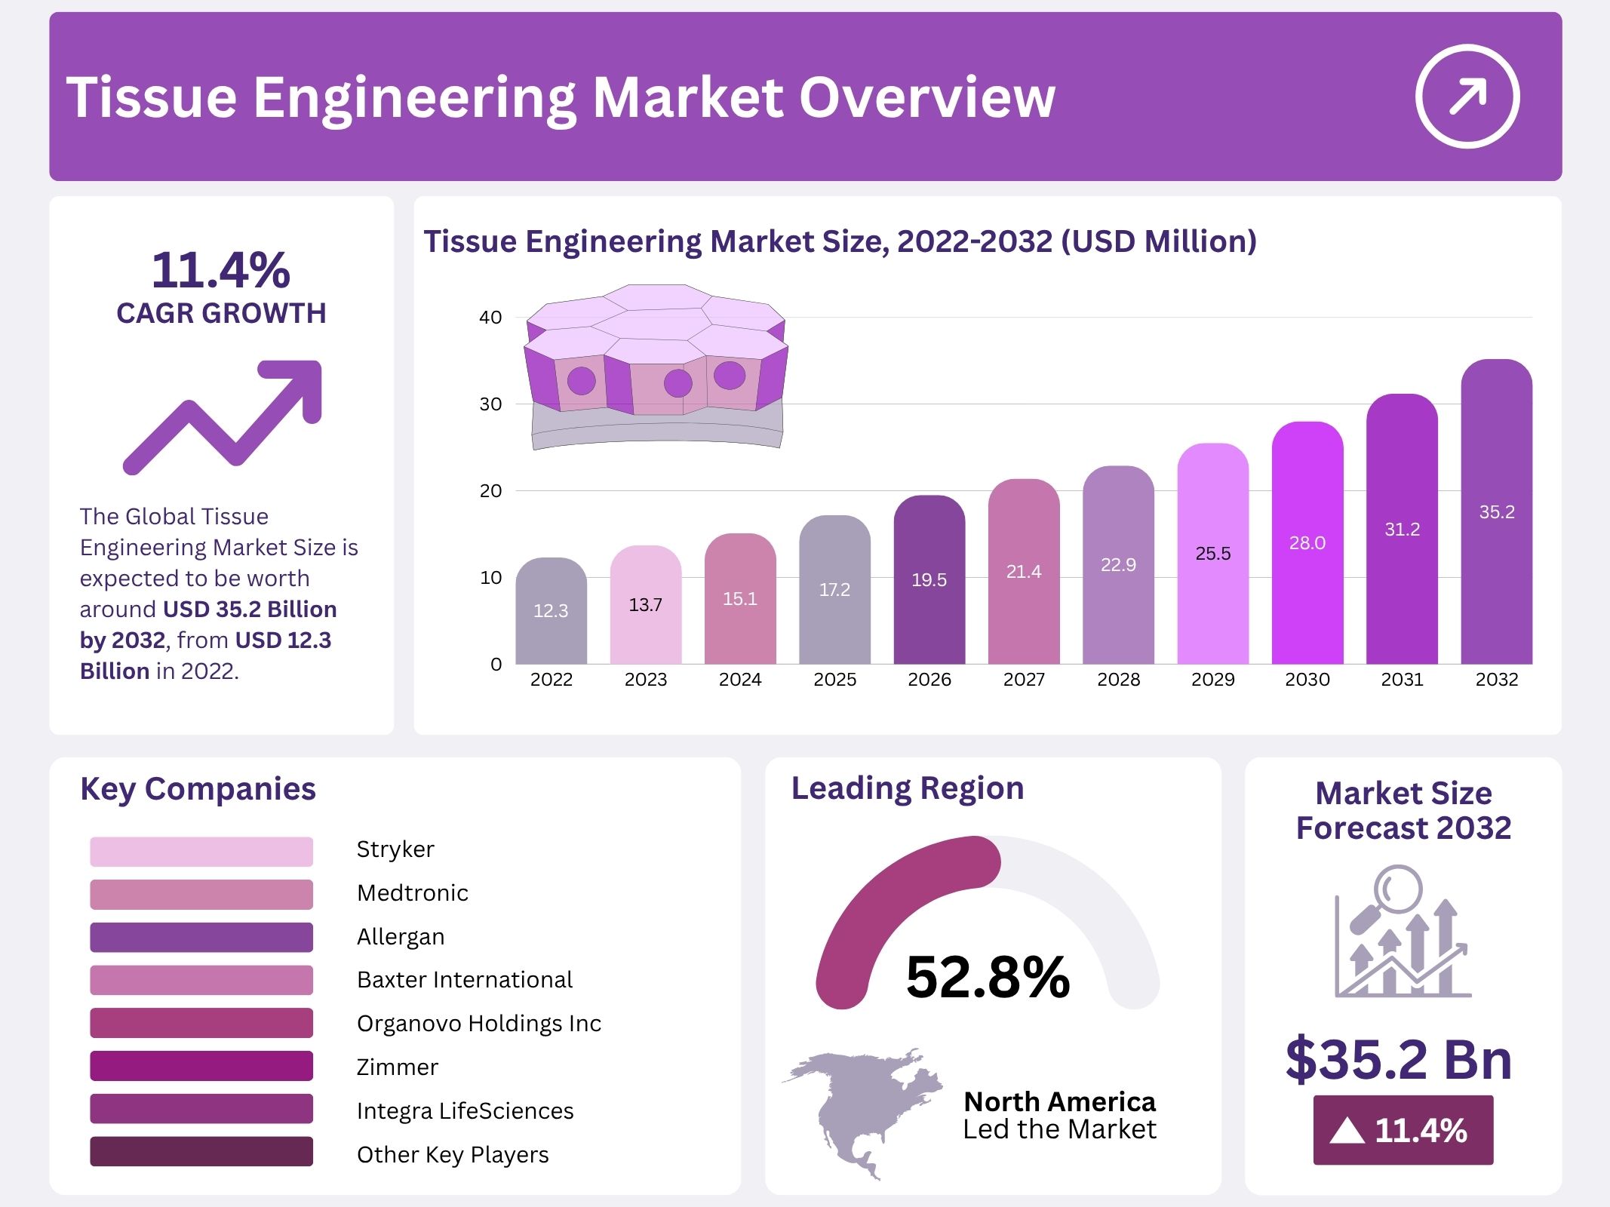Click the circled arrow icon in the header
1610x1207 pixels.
[1467, 97]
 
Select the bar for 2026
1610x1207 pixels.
[929, 580]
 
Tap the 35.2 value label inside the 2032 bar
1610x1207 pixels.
[1497, 512]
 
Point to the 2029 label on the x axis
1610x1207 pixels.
[1212, 680]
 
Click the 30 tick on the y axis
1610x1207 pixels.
[490, 404]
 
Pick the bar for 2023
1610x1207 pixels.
[646, 605]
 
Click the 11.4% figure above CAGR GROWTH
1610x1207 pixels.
[221, 270]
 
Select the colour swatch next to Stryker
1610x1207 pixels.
[201, 851]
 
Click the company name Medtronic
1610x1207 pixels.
[413, 893]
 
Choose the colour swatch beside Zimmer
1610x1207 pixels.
[201, 1066]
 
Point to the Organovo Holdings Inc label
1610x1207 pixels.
[479, 1024]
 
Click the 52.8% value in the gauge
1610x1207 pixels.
[988, 977]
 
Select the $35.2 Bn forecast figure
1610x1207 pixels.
[1399, 1060]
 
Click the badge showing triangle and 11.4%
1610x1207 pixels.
[1403, 1130]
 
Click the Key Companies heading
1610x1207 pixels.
[198, 789]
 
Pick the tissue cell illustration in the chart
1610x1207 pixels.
[656, 365]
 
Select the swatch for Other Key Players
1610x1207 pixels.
[201, 1152]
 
